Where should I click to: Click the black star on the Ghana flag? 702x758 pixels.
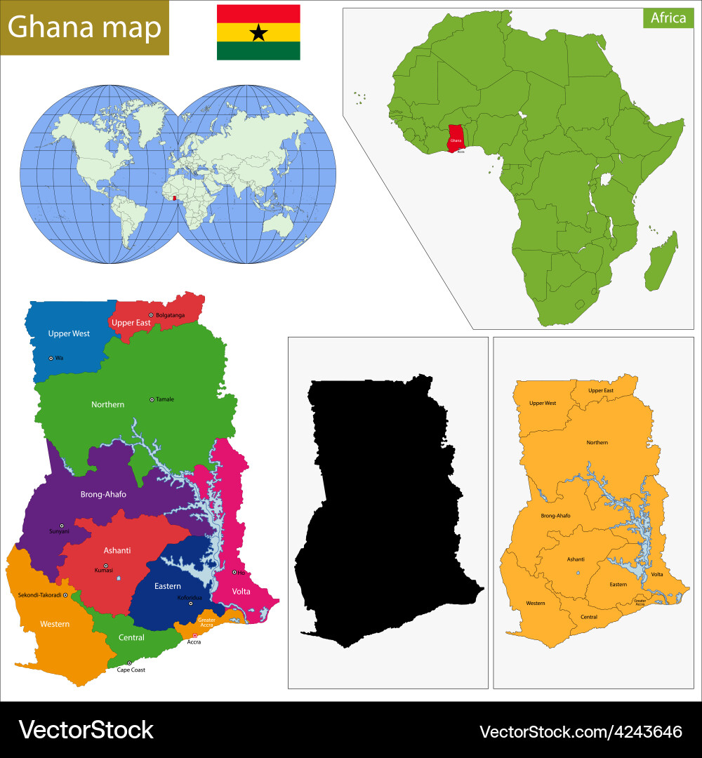click(x=258, y=32)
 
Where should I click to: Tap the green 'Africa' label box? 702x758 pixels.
click(x=668, y=18)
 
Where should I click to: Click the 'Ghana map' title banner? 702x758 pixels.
click(x=84, y=27)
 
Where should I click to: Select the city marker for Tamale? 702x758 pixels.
click(x=152, y=399)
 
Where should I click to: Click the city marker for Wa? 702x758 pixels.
click(x=51, y=358)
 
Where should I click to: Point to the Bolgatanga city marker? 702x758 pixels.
click(x=151, y=315)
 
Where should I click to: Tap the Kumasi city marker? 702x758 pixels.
click(x=106, y=566)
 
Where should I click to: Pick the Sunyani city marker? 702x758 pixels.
click(x=62, y=526)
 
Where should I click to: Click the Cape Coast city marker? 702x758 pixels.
click(x=129, y=663)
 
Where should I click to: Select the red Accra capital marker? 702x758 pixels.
click(x=195, y=635)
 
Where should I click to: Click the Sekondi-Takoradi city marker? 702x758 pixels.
click(x=65, y=594)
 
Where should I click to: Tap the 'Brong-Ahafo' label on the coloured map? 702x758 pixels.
click(x=103, y=494)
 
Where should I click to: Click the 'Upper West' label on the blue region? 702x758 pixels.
click(x=69, y=333)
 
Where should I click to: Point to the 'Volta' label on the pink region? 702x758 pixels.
click(x=241, y=591)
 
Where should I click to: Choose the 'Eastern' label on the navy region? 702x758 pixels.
click(x=168, y=586)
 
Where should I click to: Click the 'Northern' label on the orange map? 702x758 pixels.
click(x=597, y=442)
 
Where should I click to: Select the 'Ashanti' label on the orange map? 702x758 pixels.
click(x=576, y=559)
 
